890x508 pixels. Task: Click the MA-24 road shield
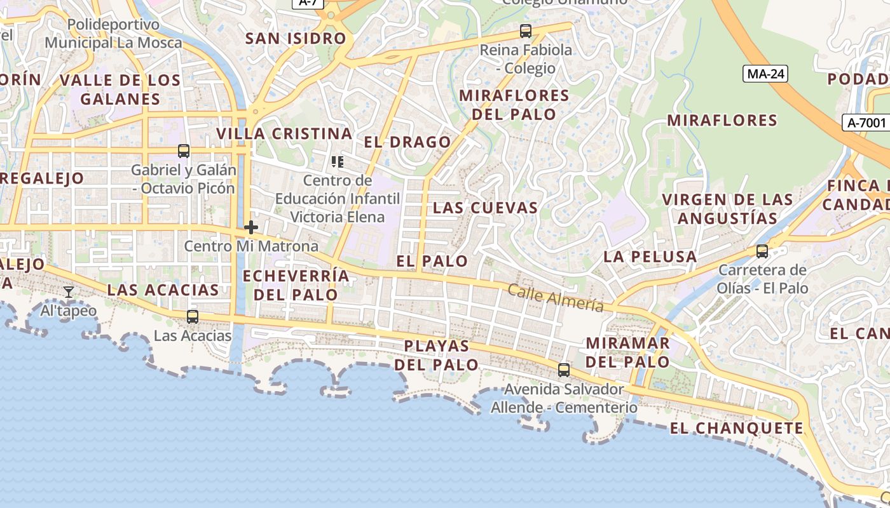765,74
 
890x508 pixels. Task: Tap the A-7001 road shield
866,123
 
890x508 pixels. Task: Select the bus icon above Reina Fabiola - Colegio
526,30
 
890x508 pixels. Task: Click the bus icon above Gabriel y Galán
184,151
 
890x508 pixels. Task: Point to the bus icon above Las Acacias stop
192,316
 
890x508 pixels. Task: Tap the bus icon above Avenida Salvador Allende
564,370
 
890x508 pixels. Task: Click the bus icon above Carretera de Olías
762,251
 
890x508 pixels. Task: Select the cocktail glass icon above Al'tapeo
69,292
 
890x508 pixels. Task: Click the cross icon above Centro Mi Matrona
251,227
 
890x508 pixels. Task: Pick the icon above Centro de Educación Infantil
338,162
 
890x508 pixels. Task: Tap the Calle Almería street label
556,298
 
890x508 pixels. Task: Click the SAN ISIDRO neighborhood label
296,38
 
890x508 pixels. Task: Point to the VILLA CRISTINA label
284,133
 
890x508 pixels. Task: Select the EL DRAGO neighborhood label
407,142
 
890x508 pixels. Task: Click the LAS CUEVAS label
485,208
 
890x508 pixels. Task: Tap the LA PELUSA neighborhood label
650,257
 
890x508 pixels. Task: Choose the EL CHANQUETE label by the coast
736,428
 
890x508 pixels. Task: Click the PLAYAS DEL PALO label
437,356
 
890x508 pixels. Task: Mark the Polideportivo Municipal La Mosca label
113,34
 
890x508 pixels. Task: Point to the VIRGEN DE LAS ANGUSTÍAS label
727,209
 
